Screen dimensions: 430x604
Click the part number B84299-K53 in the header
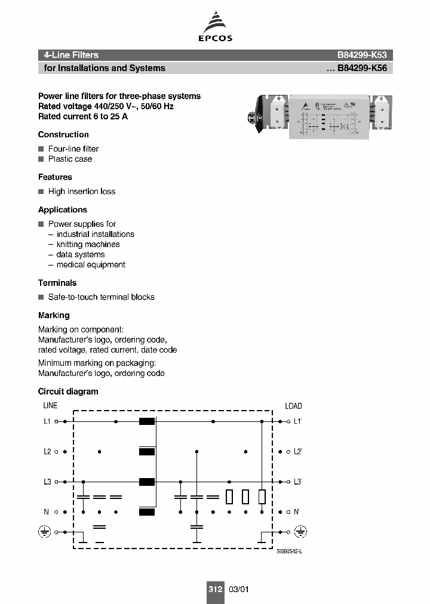coord(363,55)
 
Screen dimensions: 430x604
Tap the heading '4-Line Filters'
coord(71,55)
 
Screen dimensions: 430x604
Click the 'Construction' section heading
coord(63,134)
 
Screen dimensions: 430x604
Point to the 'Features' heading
coord(55,177)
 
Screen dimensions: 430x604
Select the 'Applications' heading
coord(63,210)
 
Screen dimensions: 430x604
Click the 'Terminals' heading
coord(57,283)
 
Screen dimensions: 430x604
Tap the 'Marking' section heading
coord(54,315)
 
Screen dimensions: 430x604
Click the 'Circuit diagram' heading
coord(68,392)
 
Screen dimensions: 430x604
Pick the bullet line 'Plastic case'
coord(70,159)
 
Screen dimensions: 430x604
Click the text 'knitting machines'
coord(88,245)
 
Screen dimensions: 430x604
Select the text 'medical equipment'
coord(91,265)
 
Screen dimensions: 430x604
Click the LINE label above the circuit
coord(50,406)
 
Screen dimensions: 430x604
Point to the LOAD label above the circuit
coord(293,406)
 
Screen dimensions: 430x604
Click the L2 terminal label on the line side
coord(47,452)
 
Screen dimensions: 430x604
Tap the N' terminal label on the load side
coord(297,512)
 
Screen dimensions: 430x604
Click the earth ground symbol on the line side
coord(44,531)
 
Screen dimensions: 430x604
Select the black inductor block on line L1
coord(147,421)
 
